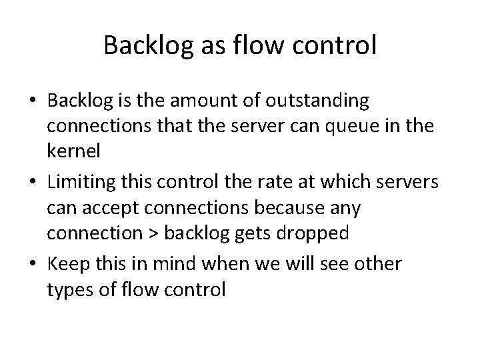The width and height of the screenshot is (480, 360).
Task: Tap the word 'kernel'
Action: coord(73,151)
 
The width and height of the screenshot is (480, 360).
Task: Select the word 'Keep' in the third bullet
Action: coord(67,265)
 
